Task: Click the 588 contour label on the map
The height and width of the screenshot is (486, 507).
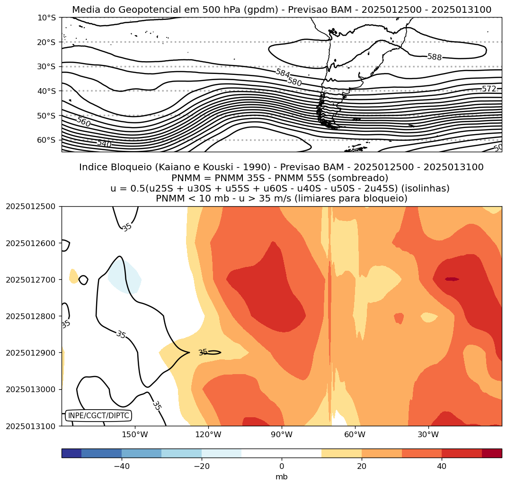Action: point(434,57)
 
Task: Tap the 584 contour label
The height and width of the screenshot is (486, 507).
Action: point(283,73)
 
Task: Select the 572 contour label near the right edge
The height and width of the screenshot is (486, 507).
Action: point(489,89)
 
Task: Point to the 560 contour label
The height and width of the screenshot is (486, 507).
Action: point(83,122)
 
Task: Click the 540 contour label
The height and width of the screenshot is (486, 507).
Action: point(104,144)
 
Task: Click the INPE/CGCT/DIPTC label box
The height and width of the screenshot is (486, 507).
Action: point(98,416)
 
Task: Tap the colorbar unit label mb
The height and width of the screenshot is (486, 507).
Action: point(282,477)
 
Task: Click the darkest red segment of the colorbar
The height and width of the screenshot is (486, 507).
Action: point(491,453)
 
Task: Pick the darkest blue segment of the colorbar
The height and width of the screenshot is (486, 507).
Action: point(71,453)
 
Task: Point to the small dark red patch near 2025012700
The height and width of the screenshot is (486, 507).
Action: point(452,279)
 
